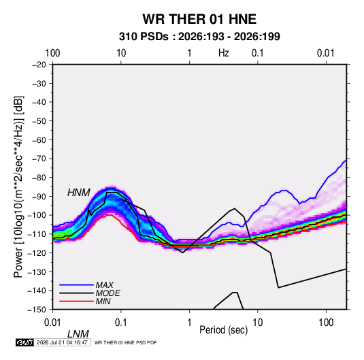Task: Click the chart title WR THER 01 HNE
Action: coord(199,19)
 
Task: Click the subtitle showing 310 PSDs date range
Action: coord(199,37)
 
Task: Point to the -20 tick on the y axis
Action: coord(39,65)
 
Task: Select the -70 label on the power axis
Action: coord(39,159)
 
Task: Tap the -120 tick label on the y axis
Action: coord(37,252)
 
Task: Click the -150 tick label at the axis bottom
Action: coord(37,310)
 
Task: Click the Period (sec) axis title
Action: coord(224,330)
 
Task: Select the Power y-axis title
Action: coord(18,187)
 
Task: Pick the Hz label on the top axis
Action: coord(224,53)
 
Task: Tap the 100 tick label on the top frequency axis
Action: coord(52,53)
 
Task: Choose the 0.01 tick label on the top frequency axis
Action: coord(326,53)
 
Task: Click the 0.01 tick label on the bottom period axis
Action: coord(52,323)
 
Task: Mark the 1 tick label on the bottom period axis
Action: coord(189,323)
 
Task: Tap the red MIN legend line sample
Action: coord(76,301)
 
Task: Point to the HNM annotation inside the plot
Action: coord(79,193)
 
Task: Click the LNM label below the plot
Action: coord(78,334)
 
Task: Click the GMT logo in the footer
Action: coord(25,342)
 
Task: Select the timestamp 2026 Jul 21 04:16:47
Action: coord(62,342)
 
